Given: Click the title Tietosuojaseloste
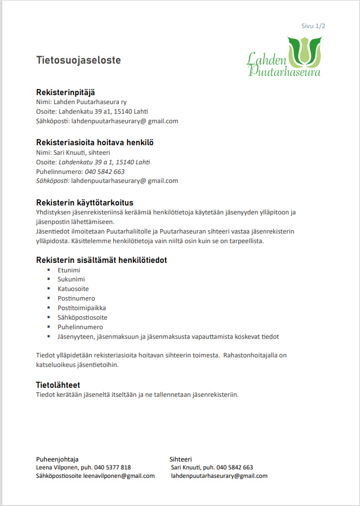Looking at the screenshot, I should [x=78, y=60].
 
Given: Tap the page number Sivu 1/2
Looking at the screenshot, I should [x=313, y=26].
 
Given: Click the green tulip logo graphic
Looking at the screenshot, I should [x=304, y=50].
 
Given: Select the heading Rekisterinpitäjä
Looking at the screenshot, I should [x=68, y=92].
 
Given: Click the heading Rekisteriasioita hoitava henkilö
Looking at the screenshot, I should [x=95, y=142].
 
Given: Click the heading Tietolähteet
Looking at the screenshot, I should [x=58, y=385].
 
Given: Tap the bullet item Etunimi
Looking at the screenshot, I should [x=69, y=270].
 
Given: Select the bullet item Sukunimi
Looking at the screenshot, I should [x=71, y=279].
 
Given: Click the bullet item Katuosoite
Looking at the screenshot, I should [x=73, y=289].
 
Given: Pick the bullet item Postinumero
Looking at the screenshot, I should [x=76, y=298].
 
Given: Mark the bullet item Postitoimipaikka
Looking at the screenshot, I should [x=82, y=308].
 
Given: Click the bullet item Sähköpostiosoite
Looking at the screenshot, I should [x=82, y=317].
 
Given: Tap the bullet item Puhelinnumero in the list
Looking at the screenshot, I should [x=80, y=327].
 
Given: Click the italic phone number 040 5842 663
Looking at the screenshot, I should [x=105, y=172].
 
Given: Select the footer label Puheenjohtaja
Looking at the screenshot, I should [x=57, y=459].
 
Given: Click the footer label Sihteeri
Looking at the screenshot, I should [x=181, y=459].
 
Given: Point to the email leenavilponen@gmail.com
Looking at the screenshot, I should [x=119, y=476].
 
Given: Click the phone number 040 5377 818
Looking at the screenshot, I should [x=113, y=467].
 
